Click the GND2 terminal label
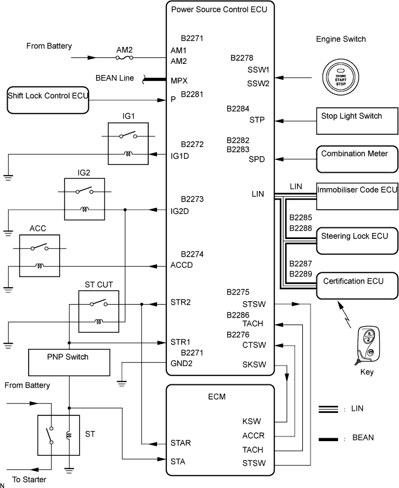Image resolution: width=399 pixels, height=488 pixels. coord(181,363)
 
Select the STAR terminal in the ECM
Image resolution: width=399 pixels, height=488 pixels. coord(180,442)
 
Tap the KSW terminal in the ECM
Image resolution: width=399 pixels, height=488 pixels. coord(251,421)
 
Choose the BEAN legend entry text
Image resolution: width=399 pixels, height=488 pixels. coord(362,437)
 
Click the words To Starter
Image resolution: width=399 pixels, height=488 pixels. coord(29,479)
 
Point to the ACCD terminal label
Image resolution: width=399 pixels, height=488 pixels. coord(182,265)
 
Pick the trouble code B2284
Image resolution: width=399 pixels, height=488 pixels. coord(238,108)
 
